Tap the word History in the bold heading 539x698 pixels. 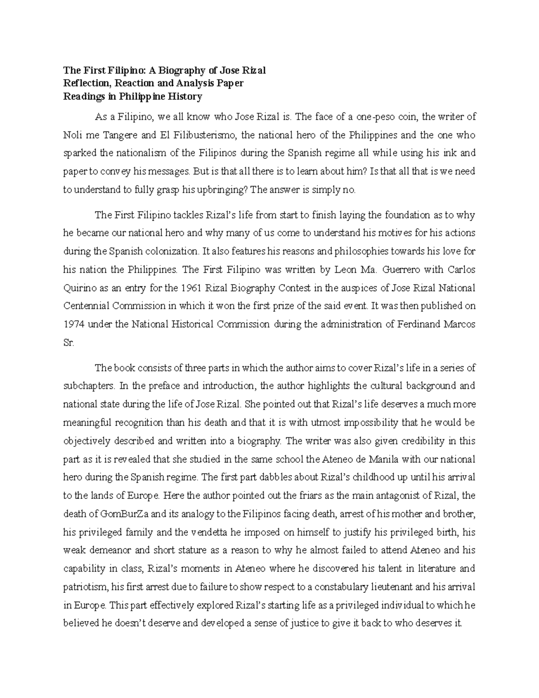[x=185, y=96]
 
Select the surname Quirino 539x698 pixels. [x=80, y=288]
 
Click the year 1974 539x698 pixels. [x=74, y=325]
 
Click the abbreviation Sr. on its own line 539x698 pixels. [x=68, y=342]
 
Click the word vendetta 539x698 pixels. [x=209, y=532]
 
